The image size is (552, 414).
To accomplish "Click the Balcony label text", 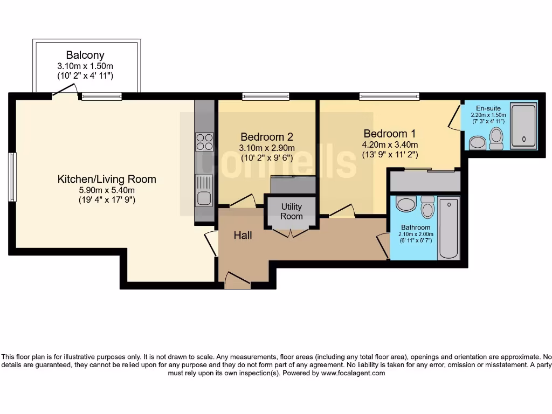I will (85, 55).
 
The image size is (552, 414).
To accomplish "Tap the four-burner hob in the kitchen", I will (204, 141).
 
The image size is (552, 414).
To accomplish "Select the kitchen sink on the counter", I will (204, 192).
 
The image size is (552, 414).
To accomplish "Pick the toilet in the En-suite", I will (496, 138).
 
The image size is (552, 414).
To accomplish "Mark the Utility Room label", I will (291, 211).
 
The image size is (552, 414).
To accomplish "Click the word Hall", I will (243, 236).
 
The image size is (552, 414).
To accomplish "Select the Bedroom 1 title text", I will (390, 133).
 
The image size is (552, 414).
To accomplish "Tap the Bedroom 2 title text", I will (267, 136).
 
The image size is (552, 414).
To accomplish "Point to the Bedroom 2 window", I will (266, 97).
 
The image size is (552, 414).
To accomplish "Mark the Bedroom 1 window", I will (389, 97).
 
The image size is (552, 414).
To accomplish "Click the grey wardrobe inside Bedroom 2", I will (293, 185).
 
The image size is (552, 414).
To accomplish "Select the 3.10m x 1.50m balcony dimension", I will (85, 66).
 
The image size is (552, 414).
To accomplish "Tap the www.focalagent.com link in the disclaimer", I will (353, 373).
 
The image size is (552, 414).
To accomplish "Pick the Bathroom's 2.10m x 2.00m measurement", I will (415, 234).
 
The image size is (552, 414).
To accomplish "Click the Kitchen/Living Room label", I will (107, 179).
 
